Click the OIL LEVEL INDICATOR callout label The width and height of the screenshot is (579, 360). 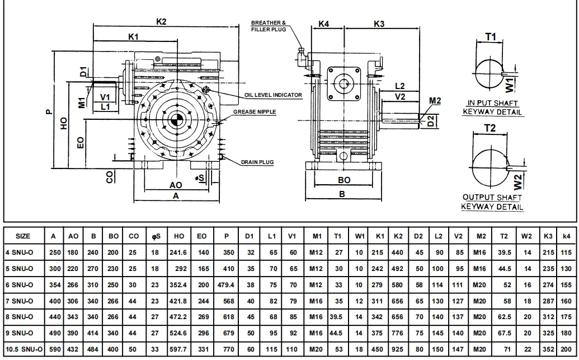coord(272,95)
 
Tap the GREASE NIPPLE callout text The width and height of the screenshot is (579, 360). coord(255,112)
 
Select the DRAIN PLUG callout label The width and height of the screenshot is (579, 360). coord(257,162)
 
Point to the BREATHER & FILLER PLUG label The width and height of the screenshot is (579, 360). coord(269,26)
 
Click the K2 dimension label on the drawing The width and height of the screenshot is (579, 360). coord(161,21)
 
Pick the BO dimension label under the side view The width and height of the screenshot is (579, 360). coord(344,180)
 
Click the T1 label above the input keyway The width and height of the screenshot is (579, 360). coord(491,36)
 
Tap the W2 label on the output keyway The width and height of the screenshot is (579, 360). coord(518,180)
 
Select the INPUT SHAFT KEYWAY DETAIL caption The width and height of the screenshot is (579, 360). coord(493,107)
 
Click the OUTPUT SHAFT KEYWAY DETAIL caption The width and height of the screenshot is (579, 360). coord(492,202)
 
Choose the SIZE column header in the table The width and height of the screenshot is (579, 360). coord(23,236)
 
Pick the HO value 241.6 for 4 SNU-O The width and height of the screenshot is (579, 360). coord(179,253)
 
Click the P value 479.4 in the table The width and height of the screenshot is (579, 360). coord(226,285)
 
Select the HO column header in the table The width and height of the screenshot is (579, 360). coord(179,236)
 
